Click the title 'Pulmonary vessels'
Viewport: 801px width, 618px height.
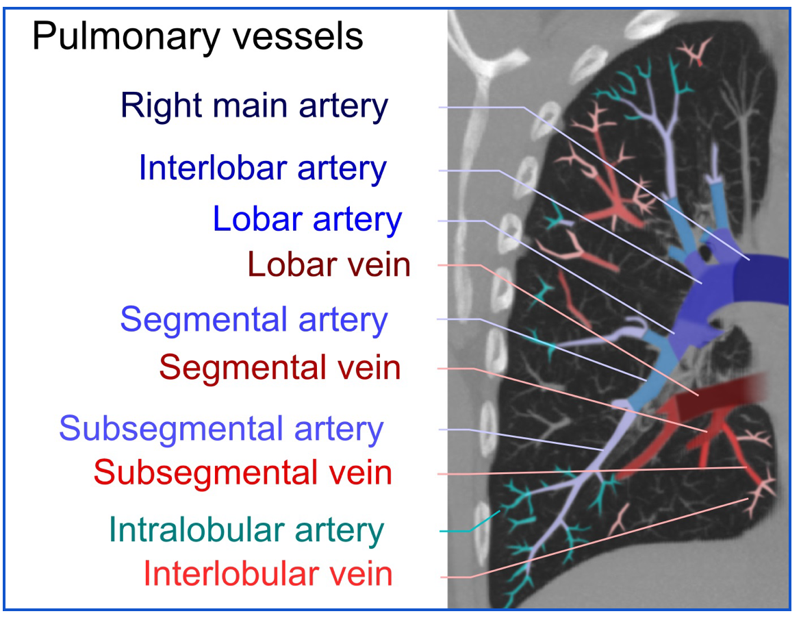[197, 36]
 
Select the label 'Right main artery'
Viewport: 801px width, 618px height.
[254, 106]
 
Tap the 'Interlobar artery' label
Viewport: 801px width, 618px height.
[262, 168]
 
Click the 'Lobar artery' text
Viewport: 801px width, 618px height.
[307, 219]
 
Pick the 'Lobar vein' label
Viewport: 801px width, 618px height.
[329, 264]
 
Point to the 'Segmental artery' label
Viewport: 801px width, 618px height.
[253, 319]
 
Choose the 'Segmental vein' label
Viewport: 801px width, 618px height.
[279, 368]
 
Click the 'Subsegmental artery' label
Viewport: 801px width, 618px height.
[221, 429]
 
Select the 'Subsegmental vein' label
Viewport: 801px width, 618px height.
[242, 473]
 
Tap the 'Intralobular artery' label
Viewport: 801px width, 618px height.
[246, 530]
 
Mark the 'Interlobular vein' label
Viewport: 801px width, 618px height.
[268, 574]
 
